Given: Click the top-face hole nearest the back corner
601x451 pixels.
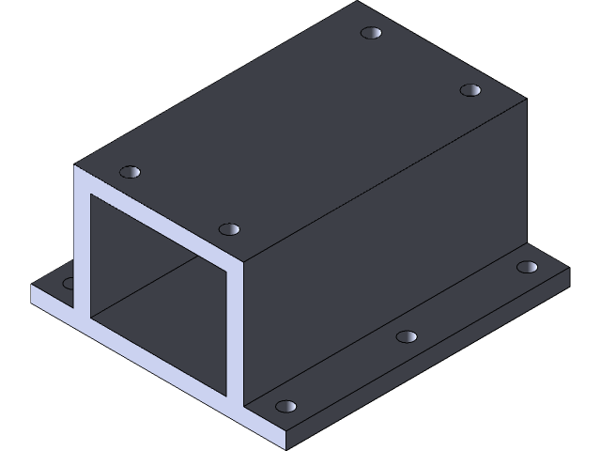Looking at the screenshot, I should tap(373, 34).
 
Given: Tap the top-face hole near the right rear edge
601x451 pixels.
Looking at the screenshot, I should tap(470, 90).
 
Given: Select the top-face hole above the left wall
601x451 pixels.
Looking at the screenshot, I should tap(131, 172).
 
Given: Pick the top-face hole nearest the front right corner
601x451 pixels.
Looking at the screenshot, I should tap(229, 229).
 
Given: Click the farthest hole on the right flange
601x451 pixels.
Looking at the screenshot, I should tap(528, 268).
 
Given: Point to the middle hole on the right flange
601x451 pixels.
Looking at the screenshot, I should tap(406, 335).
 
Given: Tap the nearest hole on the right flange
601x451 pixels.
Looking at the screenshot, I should tap(285, 407).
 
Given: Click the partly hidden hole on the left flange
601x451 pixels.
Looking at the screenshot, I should tap(69, 282).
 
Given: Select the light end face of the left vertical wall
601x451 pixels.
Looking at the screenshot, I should tap(82, 244).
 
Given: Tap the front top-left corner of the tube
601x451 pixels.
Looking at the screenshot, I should tap(76, 168).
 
